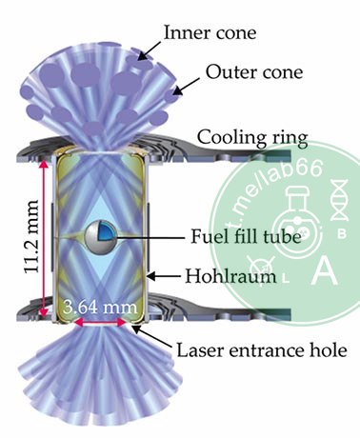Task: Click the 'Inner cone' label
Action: click(210, 32)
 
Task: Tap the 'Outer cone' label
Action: click(254, 72)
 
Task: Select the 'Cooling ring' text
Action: click(252, 139)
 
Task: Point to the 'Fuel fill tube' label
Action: click(246, 236)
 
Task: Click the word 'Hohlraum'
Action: click(230, 276)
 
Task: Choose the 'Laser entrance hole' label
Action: click(262, 350)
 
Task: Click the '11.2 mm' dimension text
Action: click(31, 236)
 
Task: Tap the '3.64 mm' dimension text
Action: click(100, 307)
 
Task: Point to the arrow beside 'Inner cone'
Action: click(150, 50)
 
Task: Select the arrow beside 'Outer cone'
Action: click(186, 87)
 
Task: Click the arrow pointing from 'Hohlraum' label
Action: click(165, 276)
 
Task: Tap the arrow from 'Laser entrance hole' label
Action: click(152, 337)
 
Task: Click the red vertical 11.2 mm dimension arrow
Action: click(44, 238)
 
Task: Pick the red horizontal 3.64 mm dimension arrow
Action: click(100, 323)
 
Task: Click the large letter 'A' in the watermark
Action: click(324, 269)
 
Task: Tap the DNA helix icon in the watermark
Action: click(340, 200)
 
